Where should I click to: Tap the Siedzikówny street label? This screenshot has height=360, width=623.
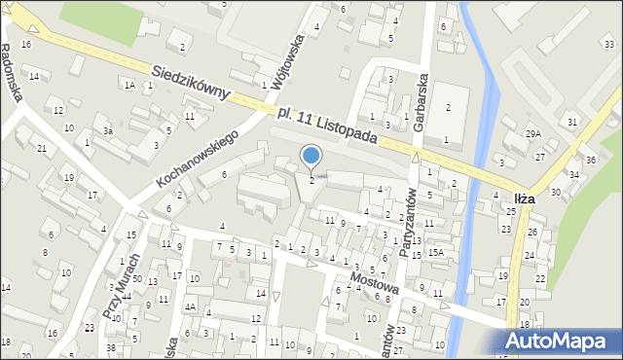point(191,81)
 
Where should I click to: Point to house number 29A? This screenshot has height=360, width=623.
point(532,133)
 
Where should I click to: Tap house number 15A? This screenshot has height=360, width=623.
point(436,253)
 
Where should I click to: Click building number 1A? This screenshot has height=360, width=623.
point(128,85)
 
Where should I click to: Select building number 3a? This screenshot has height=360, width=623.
point(109,130)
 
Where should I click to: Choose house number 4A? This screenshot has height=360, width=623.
point(191,307)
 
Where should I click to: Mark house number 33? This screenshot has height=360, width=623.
point(608,45)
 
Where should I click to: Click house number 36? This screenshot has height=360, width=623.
point(590,160)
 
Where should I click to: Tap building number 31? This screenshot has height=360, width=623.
point(572,122)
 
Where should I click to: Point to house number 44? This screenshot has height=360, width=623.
point(127,296)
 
